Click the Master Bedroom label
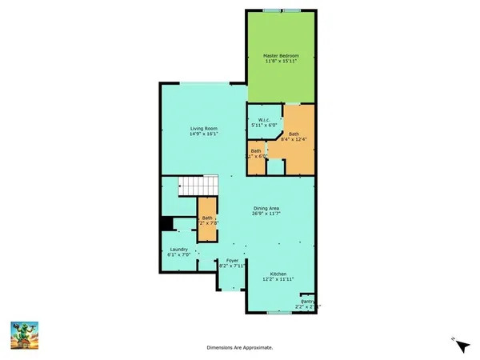[280, 55]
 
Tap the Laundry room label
[178, 249]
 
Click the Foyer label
[232, 260]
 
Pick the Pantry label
[308, 301]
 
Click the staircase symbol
[198, 186]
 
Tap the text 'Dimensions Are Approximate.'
[240, 348]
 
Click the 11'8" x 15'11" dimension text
[280, 61]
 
